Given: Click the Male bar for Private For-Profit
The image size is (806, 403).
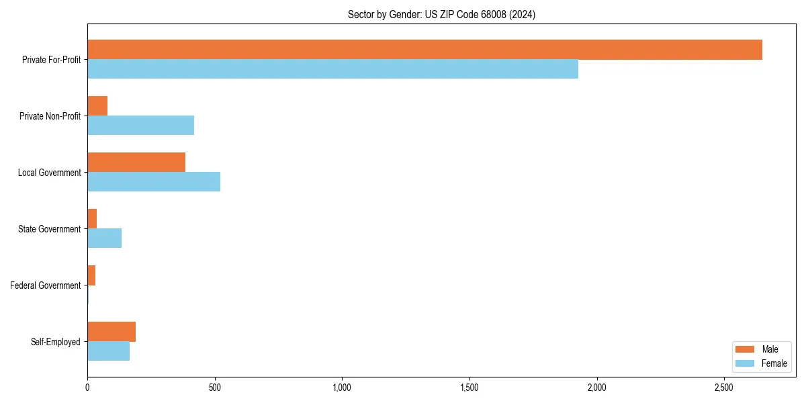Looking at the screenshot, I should click(x=424, y=50).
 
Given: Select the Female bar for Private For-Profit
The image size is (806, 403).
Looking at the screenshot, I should click(x=332, y=69).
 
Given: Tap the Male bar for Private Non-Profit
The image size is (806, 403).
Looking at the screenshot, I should click(x=97, y=106).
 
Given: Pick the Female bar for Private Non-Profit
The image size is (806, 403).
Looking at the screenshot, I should click(x=140, y=126).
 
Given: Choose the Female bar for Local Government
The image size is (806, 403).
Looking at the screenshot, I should click(x=154, y=182).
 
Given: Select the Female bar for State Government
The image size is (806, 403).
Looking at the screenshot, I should click(x=104, y=238).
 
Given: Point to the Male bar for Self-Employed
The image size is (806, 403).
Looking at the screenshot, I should click(x=111, y=332).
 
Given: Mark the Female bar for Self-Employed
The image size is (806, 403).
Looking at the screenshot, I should click(x=108, y=351).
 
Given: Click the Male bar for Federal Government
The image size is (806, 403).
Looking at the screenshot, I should click(x=91, y=275).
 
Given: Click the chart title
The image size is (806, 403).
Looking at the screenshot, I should click(x=441, y=14).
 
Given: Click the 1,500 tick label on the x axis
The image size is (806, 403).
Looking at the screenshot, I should click(x=469, y=388).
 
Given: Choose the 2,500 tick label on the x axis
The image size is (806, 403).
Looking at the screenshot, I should click(x=723, y=388).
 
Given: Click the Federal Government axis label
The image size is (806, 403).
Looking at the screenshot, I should click(x=45, y=285).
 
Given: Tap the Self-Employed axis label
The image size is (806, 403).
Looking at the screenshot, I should click(x=55, y=342).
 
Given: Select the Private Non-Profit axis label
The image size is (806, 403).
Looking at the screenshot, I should click(x=50, y=116).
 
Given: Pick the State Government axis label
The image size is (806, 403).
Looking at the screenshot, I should click(x=49, y=229).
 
